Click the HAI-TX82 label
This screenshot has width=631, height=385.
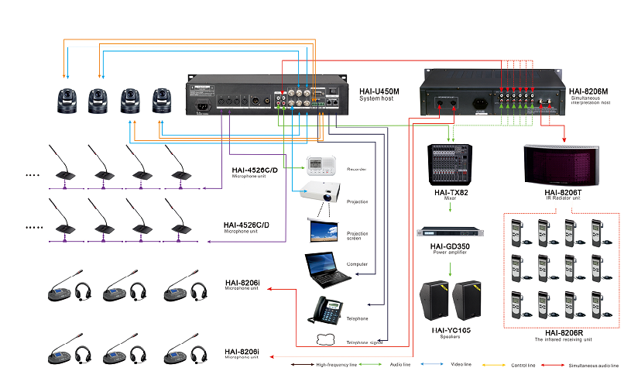(450, 191)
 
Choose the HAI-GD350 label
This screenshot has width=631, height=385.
(451, 248)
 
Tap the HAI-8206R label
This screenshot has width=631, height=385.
(563, 332)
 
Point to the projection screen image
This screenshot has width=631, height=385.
(322, 229)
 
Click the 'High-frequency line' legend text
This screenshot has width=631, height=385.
(338, 363)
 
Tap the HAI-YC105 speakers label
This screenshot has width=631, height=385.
(451, 331)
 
